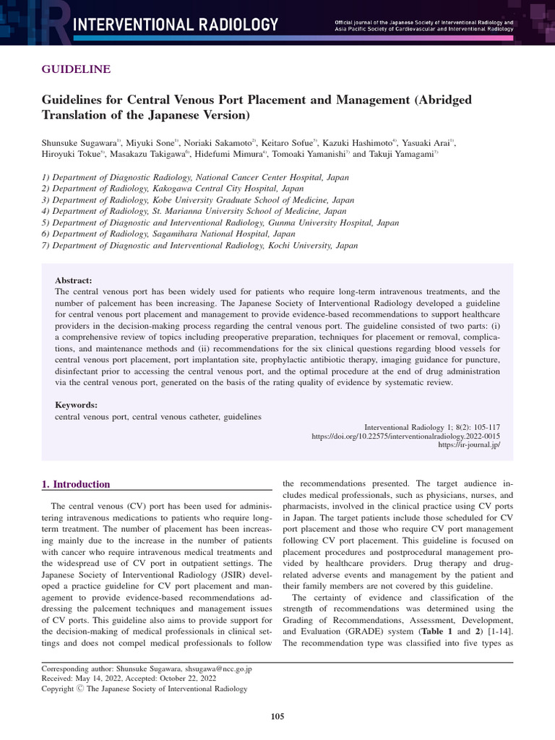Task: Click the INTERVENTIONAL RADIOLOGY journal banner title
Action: click(176, 25)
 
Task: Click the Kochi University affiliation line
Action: click(199, 246)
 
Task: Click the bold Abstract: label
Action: click(74, 280)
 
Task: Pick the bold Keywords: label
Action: click(76, 405)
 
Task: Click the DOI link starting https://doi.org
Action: click(405, 436)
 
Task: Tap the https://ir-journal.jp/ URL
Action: click(469, 446)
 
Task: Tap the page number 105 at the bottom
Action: click(277, 716)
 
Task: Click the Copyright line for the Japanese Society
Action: click(145, 689)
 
